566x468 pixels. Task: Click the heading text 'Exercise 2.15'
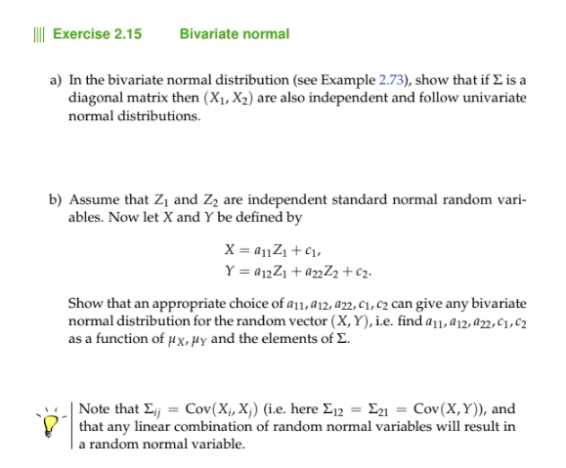click(97, 34)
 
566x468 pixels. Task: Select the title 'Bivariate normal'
click(235, 34)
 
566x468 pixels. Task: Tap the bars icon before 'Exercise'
click(36, 34)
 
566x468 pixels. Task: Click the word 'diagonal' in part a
click(93, 99)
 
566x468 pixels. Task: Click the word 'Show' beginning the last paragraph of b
click(85, 306)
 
